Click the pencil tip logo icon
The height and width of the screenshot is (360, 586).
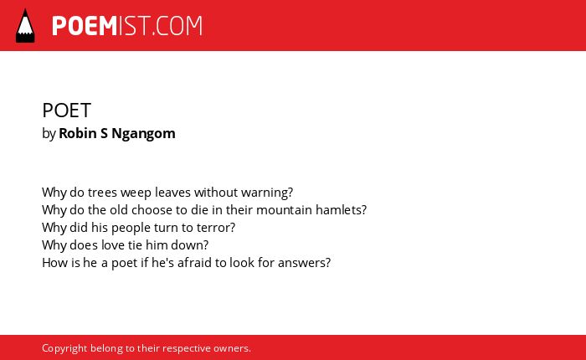tap(25, 26)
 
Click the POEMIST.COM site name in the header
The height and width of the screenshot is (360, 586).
tap(127, 26)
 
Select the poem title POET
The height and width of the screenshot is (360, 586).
tap(66, 111)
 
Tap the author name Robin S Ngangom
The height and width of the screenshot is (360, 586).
tap(117, 133)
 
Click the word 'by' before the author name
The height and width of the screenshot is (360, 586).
tap(49, 134)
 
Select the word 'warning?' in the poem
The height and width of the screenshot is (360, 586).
tap(267, 193)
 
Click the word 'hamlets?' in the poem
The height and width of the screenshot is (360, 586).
tap(342, 210)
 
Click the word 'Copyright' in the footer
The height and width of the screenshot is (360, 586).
tap(64, 349)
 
